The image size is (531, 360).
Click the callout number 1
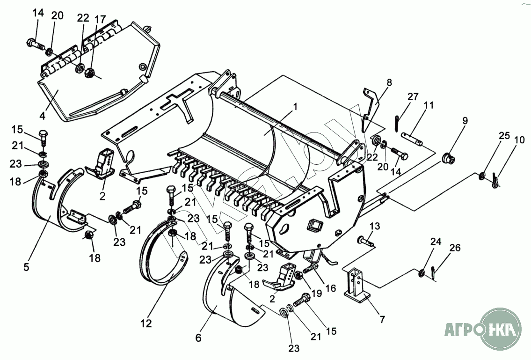(x=295, y=106)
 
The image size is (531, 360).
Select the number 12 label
(x=146, y=323)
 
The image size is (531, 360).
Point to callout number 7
(x=382, y=320)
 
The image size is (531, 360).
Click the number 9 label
(x=465, y=120)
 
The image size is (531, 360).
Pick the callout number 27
(x=413, y=97)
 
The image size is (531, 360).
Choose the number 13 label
(x=374, y=227)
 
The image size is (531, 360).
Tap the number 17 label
(x=100, y=20)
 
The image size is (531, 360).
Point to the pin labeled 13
(x=365, y=242)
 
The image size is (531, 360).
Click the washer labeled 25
(x=481, y=176)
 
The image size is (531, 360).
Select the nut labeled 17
(x=89, y=73)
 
